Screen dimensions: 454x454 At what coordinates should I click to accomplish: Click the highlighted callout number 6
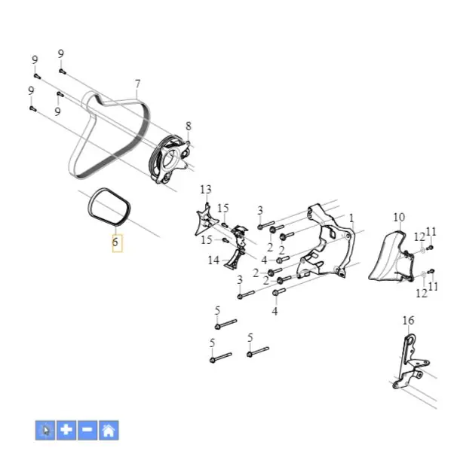(115, 242)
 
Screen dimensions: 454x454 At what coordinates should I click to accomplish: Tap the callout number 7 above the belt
(137, 84)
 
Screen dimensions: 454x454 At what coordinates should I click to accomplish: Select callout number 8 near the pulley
(189, 126)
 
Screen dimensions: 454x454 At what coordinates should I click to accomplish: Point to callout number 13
(206, 190)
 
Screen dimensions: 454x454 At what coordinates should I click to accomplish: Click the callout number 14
(213, 261)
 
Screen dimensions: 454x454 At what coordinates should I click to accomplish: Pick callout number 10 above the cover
(399, 217)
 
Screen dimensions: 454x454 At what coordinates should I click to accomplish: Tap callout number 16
(408, 320)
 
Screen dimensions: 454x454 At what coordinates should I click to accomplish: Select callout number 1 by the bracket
(351, 218)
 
